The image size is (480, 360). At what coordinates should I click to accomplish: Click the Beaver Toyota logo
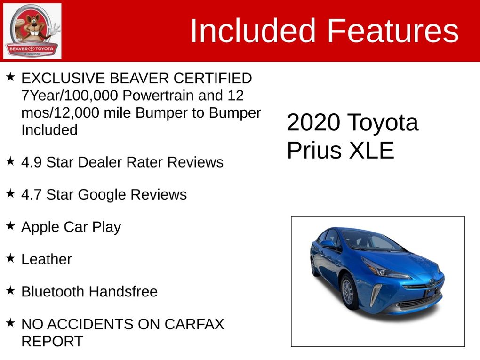click(32, 31)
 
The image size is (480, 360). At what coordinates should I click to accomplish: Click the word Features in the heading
click(393, 31)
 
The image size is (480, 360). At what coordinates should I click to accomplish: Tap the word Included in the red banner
click(253, 31)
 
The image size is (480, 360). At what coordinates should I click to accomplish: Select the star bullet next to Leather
click(10, 258)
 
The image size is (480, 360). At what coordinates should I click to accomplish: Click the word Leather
click(47, 259)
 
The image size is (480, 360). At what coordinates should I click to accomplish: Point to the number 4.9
click(32, 162)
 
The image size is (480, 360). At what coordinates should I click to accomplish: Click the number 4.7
click(32, 195)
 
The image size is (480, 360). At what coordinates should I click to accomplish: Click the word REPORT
click(52, 341)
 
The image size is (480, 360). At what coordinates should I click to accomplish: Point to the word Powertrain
click(158, 96)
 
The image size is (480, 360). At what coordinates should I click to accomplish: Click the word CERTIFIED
click(213, 79)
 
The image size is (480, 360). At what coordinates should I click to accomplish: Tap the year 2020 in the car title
click(313, 122)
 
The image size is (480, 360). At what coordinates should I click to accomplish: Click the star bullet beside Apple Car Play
click(10, 226)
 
